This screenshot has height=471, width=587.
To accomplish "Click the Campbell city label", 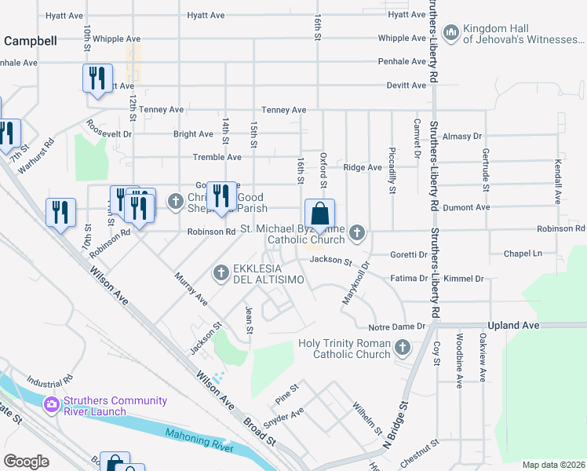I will coord(30,41).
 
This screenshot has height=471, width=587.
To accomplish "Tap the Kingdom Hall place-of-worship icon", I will coord(450,31).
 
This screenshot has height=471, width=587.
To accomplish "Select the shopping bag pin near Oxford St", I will coord(319,214).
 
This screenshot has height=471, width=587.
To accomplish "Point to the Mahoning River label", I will coord(199,440).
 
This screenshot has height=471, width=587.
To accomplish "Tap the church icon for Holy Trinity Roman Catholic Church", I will coord(403,346).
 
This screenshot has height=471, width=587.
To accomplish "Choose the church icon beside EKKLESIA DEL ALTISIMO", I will coord(221,272).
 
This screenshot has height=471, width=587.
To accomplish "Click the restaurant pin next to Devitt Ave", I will coord(96,79).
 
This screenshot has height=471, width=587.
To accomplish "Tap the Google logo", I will coord(26,461).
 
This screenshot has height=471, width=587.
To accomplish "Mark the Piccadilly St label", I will coord(392,169).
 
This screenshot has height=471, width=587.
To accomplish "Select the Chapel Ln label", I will coord(523,254).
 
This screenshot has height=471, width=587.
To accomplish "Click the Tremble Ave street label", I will coord(217,158).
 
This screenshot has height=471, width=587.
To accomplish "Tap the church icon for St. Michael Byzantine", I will coord(358,232).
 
